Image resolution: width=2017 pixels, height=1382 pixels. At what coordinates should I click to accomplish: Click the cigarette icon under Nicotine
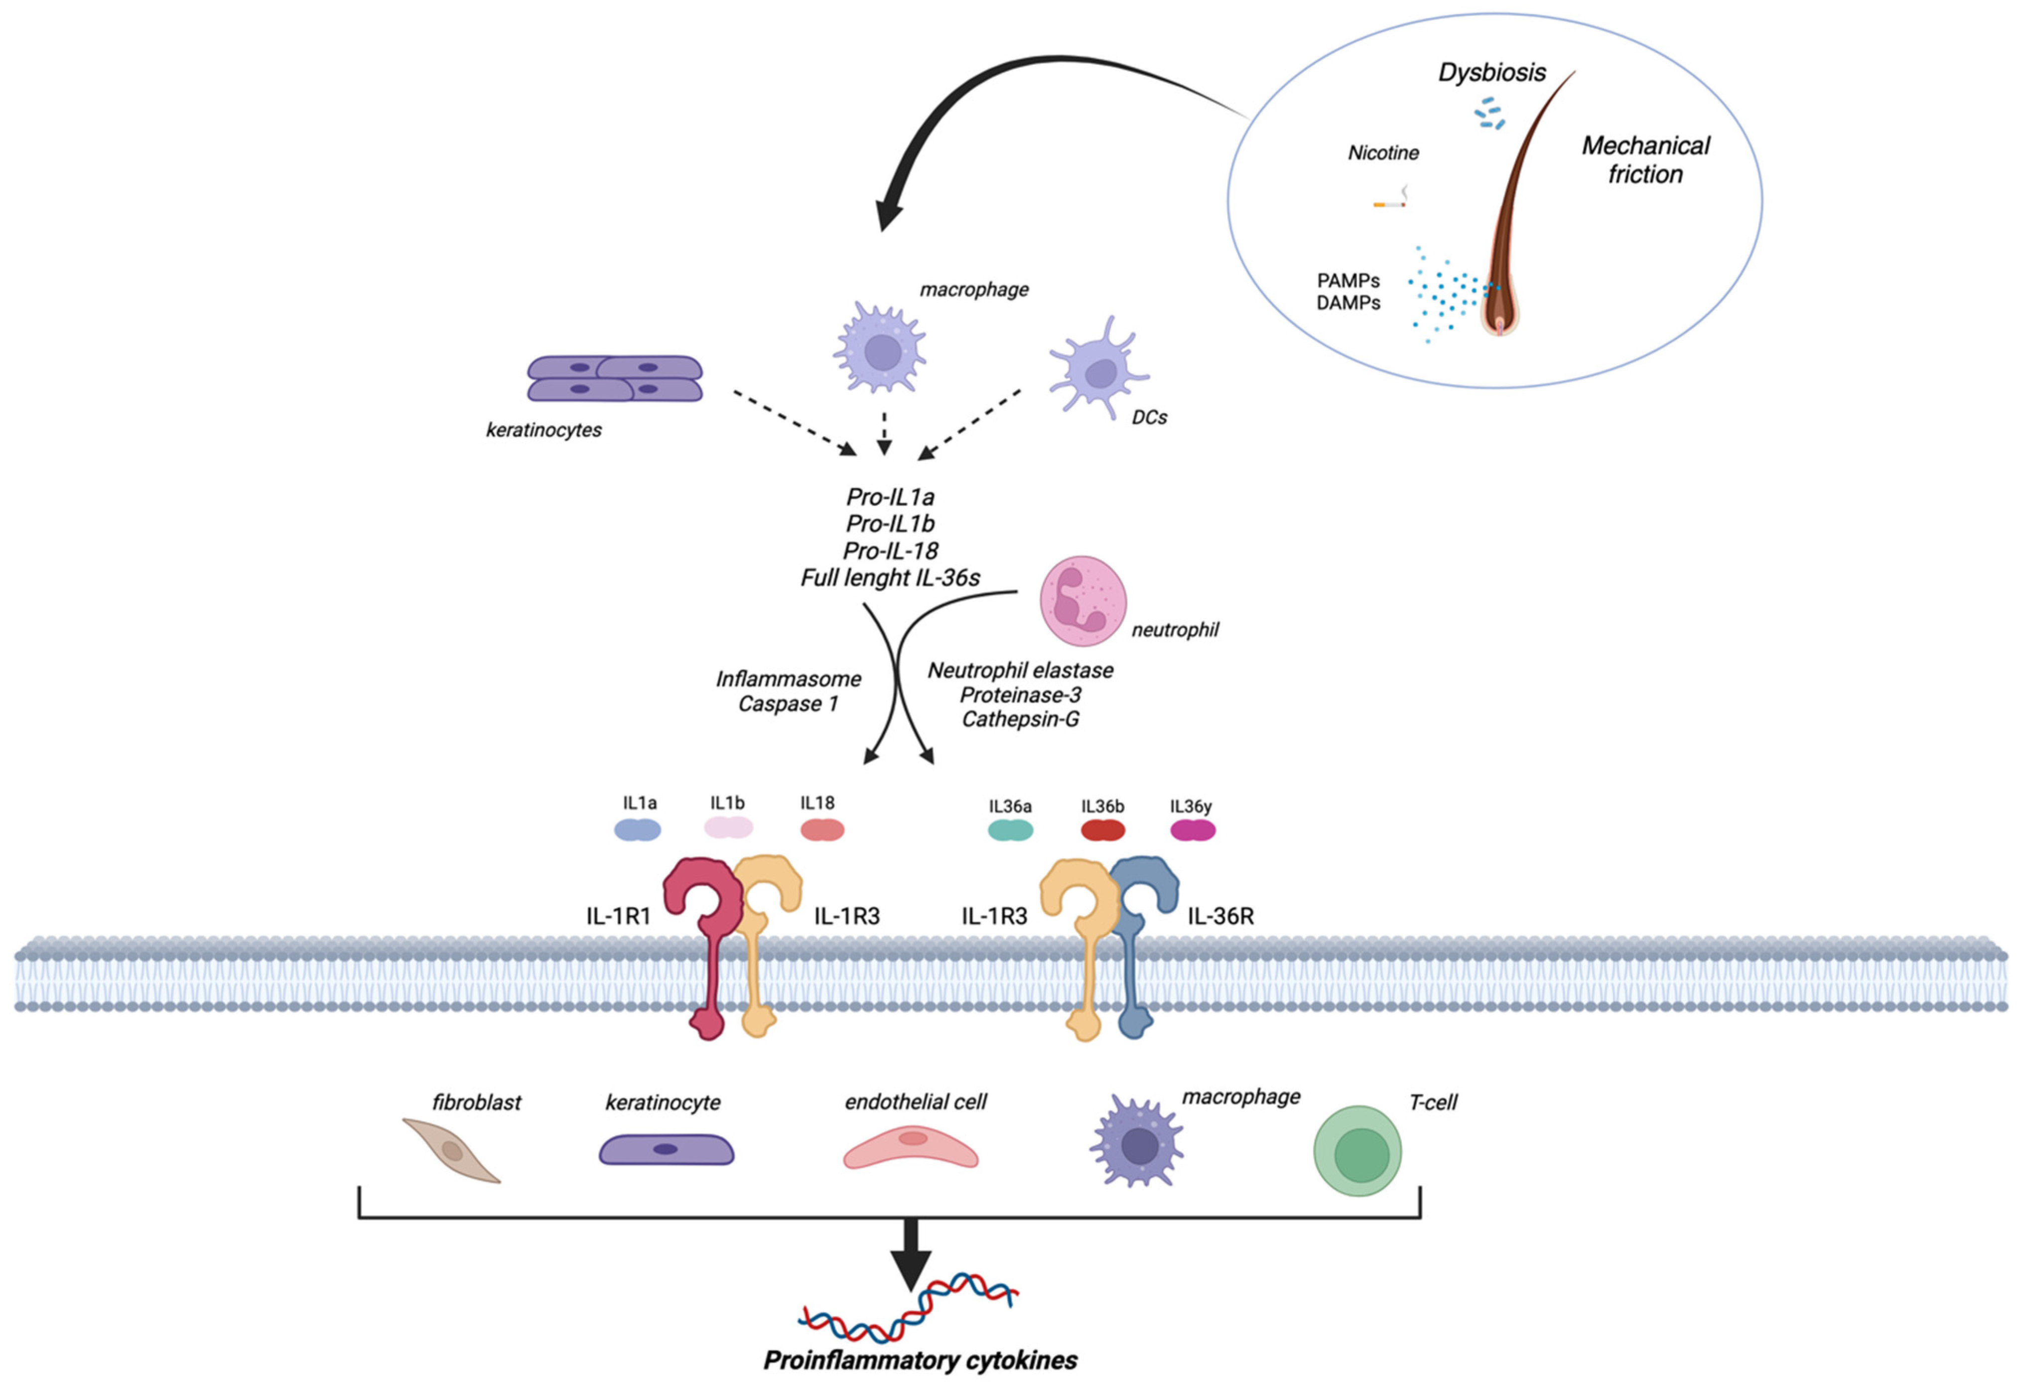[1389, 204]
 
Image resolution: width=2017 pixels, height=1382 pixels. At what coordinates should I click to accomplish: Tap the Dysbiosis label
[1492, 72]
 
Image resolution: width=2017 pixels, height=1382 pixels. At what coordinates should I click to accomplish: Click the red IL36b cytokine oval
[1102, 831]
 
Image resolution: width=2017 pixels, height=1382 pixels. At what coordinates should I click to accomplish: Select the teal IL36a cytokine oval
[1010, 831]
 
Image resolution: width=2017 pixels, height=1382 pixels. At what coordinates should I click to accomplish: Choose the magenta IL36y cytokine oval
[1193, 831]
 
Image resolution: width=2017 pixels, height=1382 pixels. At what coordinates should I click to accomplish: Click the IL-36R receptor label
[1220, 916]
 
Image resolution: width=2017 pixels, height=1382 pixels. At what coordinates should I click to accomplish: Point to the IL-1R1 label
[618, 916]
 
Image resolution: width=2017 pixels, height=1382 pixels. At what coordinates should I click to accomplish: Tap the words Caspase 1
[788, 704]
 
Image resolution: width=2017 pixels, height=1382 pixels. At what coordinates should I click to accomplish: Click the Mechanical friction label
[1645, 159]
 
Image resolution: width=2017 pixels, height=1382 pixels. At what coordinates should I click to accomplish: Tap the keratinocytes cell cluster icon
[615, 378]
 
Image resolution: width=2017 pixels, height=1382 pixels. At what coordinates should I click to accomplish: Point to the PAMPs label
[1348, 281]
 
